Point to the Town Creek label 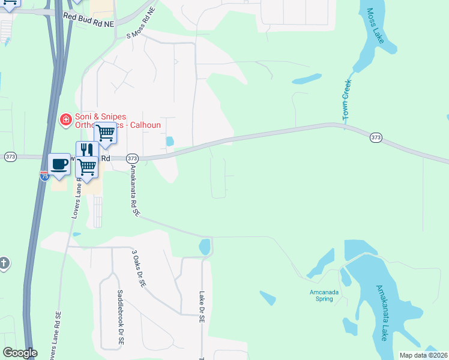[346, 100]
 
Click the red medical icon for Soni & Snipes [65, 121]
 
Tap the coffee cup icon [59, 164]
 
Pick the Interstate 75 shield [44, 176]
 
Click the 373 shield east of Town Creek [376, 137]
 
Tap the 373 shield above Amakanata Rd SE [133, 158]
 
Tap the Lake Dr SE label [202, 307]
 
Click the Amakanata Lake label [381, 312]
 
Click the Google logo [19, 353]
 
